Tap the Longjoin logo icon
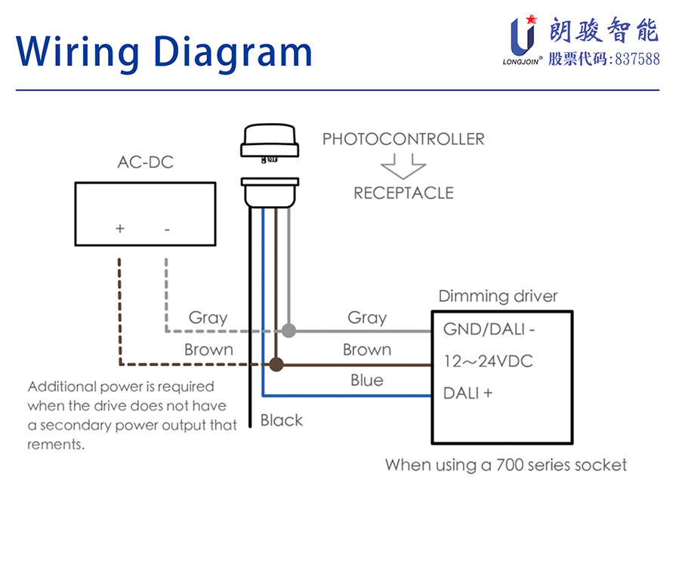tap(522, 36)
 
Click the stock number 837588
tap(637, 59)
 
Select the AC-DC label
tap(145, 162)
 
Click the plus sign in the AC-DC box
tap(119, 228)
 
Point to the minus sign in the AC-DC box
tap(166, 228)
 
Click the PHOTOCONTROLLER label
tap(403, 139)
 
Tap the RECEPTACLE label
tap(403, 193)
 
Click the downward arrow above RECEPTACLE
tap(403, 165)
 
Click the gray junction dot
tap(289, 331)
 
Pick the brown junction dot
tap(276, 365)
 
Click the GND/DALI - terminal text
tap(489, 329)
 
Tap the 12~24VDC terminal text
tap(488, 362)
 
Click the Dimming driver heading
tap(498, 296)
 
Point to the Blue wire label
tap(366, 381)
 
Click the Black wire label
tap(281, 421)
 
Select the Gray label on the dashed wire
tap(208, 318)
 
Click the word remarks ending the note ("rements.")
tap(56, 445)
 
